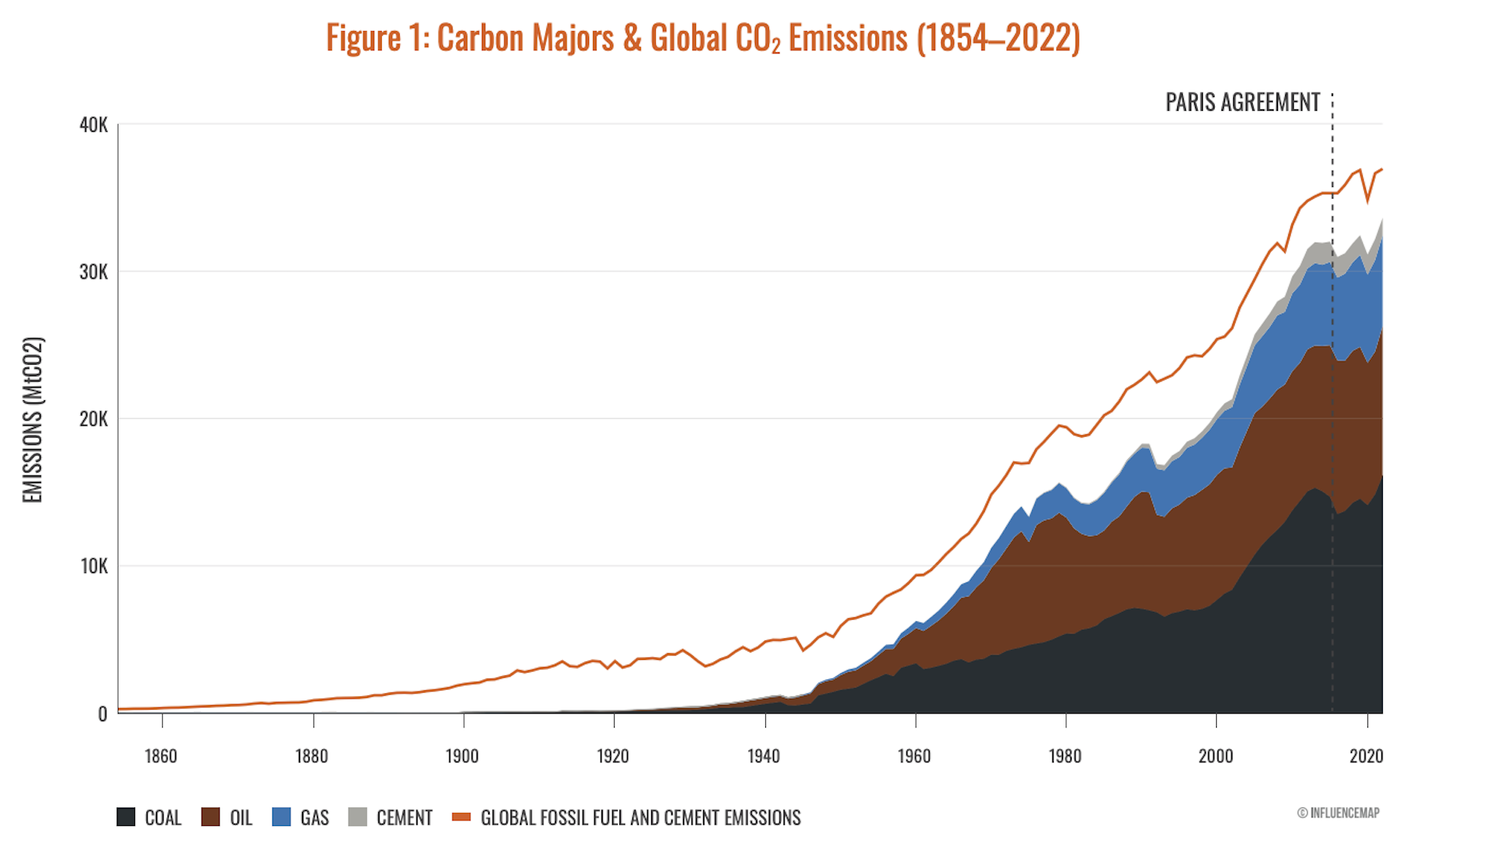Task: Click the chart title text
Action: point(702,38)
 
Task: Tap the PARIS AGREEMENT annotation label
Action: point(1242,102)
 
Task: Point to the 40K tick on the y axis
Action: point(93,125)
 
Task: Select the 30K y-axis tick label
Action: point(93,272)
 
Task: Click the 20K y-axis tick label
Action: point(93,420)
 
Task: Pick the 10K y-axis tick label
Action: point(93,566)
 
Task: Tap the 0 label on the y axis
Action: point(102,714)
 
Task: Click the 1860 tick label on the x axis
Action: point(161,756)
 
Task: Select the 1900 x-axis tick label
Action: point(462,756)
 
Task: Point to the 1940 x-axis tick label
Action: point(764,756)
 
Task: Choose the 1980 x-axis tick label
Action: point(1065,756)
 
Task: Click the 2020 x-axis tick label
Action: point(1366,756)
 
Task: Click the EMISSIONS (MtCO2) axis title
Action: point(33,420)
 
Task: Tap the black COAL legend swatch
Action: point(126,817)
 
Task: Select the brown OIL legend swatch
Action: point(210,817)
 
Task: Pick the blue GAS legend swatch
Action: point(282,817)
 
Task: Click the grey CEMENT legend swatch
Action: point(358,817)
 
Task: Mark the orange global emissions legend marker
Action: point(461,817)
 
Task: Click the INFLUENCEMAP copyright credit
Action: point(1338,813)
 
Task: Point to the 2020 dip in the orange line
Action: point(1368,201)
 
